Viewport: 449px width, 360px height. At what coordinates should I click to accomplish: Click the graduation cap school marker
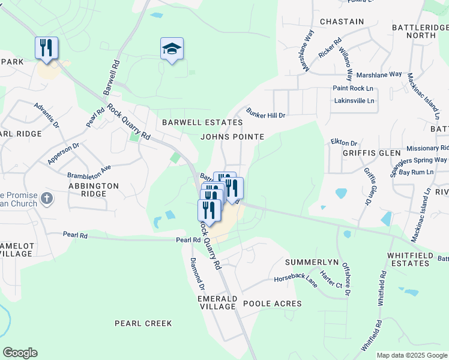172,49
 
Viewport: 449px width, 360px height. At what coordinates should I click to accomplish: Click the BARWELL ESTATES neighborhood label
202,122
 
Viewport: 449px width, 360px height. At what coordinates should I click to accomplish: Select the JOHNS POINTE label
232,137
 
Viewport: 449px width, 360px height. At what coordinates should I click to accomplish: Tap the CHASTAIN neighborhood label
342,22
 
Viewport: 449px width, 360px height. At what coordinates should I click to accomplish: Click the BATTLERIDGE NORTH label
414,32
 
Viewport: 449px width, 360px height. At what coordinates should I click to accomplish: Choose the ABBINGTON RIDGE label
93,190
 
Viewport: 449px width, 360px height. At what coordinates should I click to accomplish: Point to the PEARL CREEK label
143,323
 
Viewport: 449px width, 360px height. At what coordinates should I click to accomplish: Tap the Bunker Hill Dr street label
265,112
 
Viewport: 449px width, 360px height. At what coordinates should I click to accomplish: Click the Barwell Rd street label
112,76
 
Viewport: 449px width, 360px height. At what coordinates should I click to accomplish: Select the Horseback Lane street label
295,281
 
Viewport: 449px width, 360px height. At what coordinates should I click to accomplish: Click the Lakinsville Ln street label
354,100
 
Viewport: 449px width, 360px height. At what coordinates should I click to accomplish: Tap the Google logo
20,353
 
